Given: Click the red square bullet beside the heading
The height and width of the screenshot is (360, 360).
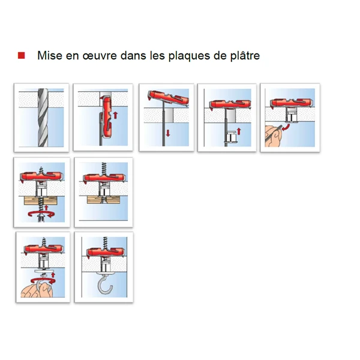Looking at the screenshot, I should tap(21, 56).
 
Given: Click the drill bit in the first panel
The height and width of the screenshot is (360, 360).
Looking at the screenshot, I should tap(41, 117).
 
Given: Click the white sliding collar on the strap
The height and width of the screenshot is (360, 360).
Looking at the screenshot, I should tap(230, 139).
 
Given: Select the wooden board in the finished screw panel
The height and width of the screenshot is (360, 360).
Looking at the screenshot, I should tap(103, 200).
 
